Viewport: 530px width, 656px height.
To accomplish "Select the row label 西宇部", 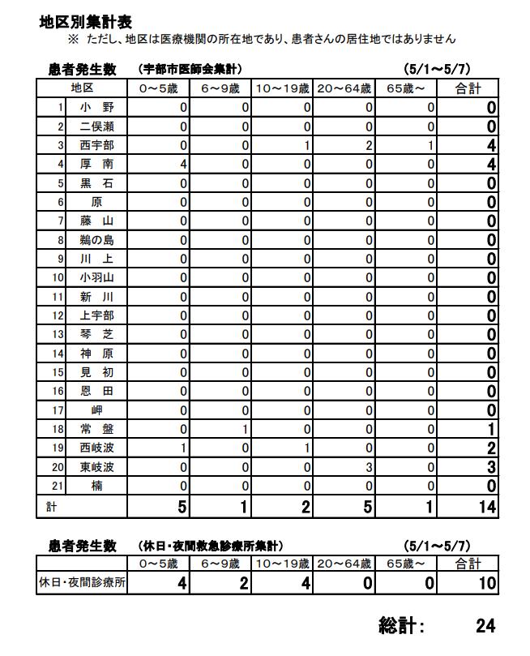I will point(96,145).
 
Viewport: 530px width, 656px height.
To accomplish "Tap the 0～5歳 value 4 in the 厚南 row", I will point(184,164).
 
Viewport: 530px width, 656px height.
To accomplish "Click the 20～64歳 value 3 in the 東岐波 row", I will point(368,467).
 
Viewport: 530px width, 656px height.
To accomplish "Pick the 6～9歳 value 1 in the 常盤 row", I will point(245,429).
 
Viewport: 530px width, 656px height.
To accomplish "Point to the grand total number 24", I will point(485,625).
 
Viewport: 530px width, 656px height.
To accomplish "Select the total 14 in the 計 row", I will point(485,507).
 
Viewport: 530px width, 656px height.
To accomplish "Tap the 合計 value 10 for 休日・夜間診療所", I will point(485,583).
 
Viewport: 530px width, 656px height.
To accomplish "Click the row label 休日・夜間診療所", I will point(82,582).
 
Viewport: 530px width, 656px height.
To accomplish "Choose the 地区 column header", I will point(82,88).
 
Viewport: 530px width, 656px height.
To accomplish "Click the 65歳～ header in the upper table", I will point(405,88).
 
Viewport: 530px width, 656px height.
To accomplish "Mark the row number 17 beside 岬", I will point(58,410).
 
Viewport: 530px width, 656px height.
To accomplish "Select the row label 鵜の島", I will point(96,240).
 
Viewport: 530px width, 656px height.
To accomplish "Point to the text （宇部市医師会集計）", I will point(190,69).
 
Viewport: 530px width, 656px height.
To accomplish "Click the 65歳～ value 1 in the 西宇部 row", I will point(431,145).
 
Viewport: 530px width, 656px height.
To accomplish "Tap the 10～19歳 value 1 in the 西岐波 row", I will point(307,448).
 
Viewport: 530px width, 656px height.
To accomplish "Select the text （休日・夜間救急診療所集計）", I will point(210,545).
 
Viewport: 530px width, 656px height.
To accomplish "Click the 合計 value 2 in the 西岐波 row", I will point(491,448).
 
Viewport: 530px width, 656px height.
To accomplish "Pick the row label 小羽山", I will point(96,277).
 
